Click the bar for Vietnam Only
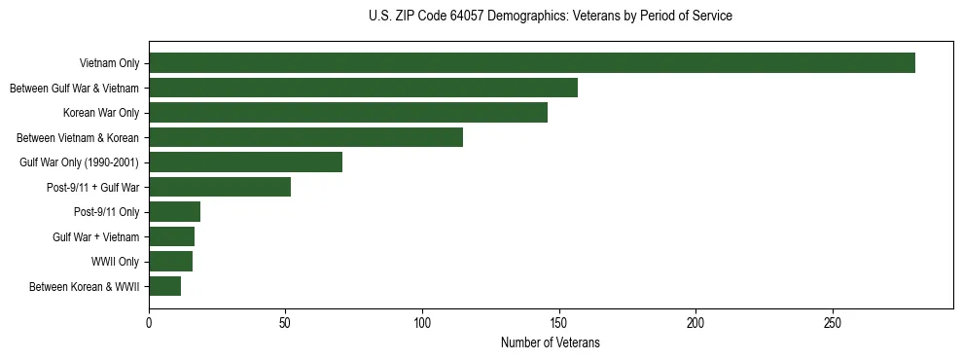tap(531, 63)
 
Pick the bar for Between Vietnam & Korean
tap(305, 137)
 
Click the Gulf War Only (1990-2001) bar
tap(245, 162)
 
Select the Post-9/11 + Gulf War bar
tap(220, 187)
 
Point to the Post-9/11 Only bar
tap(174, 212)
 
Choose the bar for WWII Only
tap(170, 262)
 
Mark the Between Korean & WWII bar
tap(164, 286)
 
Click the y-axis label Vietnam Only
tap(110, 64)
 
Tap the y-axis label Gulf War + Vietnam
tap(96, 237)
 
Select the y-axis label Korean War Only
tap(101, 114)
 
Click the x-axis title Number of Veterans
tap(550, 343)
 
